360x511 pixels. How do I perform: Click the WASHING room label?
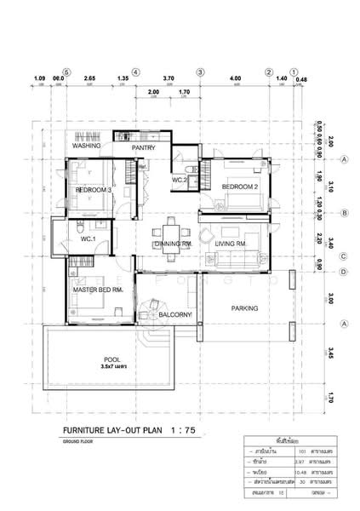tap(87, 146)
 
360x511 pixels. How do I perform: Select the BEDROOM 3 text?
tap(94, 190)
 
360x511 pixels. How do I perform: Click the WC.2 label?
tap(180, 181)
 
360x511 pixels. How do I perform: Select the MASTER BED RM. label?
tap(99, 290)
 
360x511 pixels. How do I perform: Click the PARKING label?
tap(245, 308)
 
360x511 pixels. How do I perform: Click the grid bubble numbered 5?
tap(67, 72)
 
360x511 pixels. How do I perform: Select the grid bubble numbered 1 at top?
tap(294, 72)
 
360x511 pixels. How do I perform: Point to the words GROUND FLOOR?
tap(81, 444)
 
